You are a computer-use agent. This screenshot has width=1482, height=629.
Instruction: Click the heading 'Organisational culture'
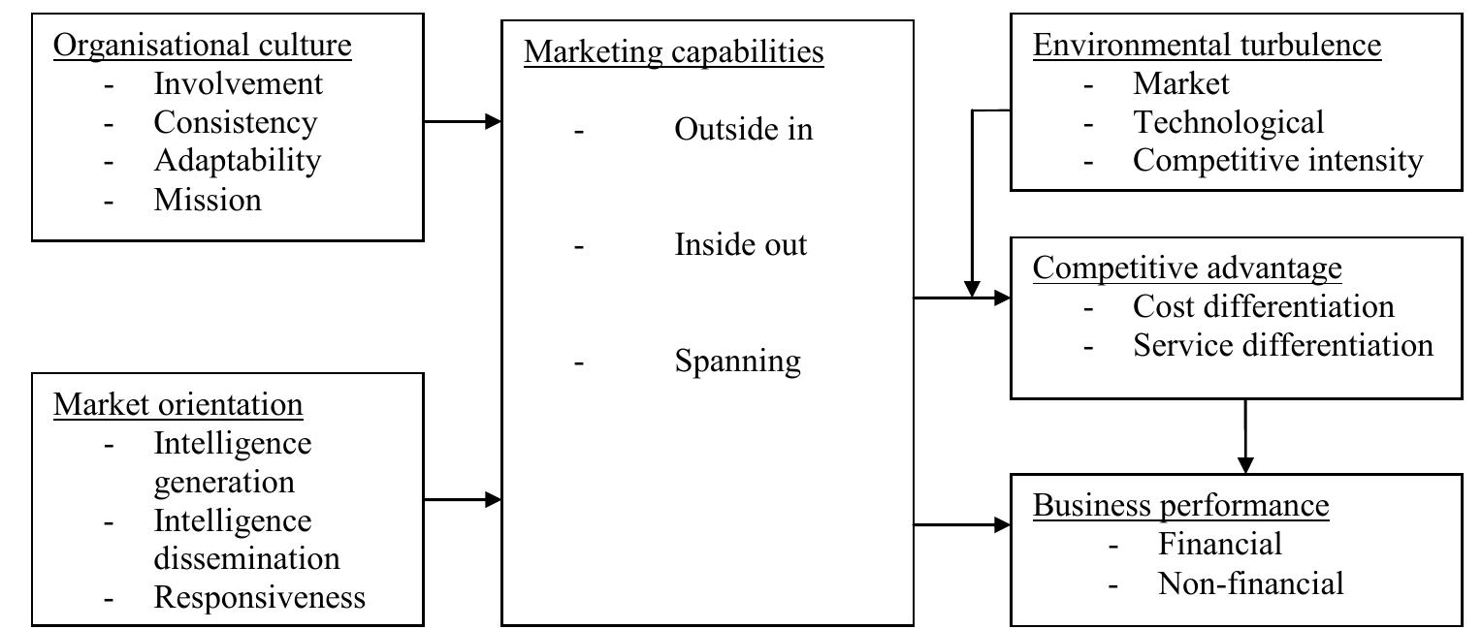202,45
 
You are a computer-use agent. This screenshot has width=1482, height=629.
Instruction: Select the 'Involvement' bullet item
238,83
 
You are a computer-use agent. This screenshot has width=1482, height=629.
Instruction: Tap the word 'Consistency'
235,122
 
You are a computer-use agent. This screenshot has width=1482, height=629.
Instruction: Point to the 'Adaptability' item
237,160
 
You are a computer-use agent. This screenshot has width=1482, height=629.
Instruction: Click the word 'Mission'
208,200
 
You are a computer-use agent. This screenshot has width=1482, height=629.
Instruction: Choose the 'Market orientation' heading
178,404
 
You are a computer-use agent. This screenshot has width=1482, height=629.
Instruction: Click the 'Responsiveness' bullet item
259,597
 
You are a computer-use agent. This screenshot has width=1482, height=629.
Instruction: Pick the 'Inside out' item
740,244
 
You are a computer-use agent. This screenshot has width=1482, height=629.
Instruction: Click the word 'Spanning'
737,361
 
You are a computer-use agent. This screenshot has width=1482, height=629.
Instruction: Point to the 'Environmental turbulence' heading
1207,45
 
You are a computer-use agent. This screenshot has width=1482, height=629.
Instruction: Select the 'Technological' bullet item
1228,122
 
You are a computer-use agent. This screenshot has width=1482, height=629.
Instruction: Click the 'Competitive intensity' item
1277,160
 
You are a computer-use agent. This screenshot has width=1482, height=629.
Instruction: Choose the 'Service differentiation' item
1282,345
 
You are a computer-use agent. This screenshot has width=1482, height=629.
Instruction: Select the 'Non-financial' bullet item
1250,583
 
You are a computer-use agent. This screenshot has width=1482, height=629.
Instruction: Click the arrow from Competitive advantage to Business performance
1244,436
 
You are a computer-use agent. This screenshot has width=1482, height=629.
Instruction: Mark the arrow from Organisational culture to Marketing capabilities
462,122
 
